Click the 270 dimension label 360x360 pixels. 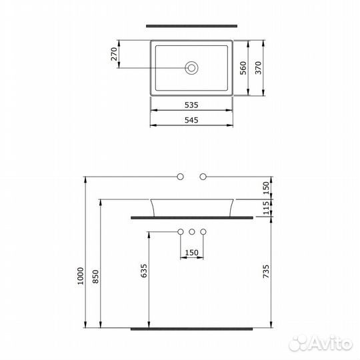[115, 53]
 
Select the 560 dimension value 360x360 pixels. [244, 68]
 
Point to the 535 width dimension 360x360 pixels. [192, 105]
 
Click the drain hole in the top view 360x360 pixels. [192, 67]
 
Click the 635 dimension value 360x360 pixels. [144, 270]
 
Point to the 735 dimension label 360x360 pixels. [266, 270]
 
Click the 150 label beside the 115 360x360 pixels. [266, 188]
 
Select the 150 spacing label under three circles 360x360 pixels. [192, 253]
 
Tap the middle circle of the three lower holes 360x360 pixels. [192, 232]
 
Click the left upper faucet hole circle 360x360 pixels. [180, 177]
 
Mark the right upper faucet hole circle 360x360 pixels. [204, 177]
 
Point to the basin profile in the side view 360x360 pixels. [192, 207]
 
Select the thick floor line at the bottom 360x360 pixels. [192, 329]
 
